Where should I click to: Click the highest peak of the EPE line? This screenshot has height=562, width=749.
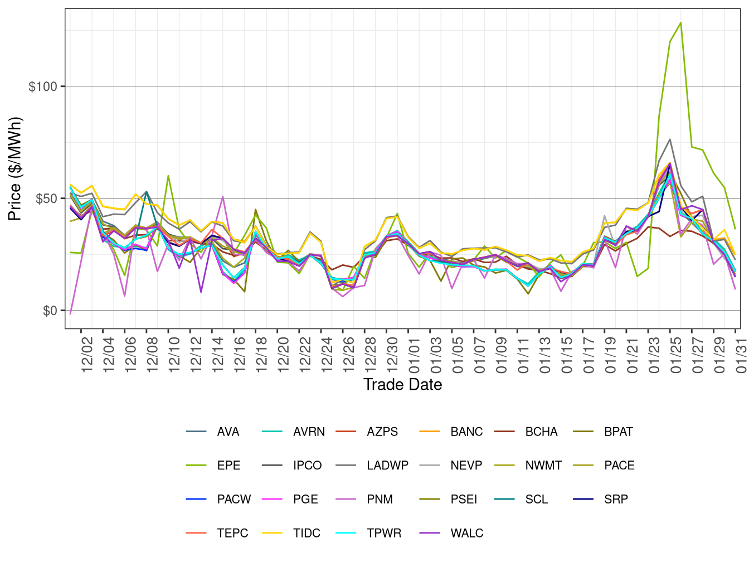pyautogui.click(x=680, y=23)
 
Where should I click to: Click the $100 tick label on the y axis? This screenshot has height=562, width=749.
pyautogui.click(x=43, y=86)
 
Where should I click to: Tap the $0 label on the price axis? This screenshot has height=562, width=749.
pyautogui.click(x=50, y=311)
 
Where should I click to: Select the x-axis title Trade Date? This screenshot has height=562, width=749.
pyautogui.click(x=402, y=385)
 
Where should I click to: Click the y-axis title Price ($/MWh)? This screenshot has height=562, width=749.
pyautogui.click(x=15, y=169)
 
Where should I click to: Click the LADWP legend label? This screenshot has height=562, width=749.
pyautogui.click(x=387, y=466)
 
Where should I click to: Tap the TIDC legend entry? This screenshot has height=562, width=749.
pyautogui.click(x=307, y=533)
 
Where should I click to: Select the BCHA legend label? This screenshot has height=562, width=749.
pyautogui.click(x=541, y=432)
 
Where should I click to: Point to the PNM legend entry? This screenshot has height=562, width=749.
pyautogui.click(x=380, y=499)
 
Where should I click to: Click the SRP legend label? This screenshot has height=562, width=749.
pyautogui.click(x=616, y=499)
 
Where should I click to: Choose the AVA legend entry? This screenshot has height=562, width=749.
pyautogui.click(x=228, y=432)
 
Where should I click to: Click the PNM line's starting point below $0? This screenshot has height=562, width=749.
pyautogui.click(x=70, y=313)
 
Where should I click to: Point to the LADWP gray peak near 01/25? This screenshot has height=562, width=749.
pyautogui.click(x=669, y=139)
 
